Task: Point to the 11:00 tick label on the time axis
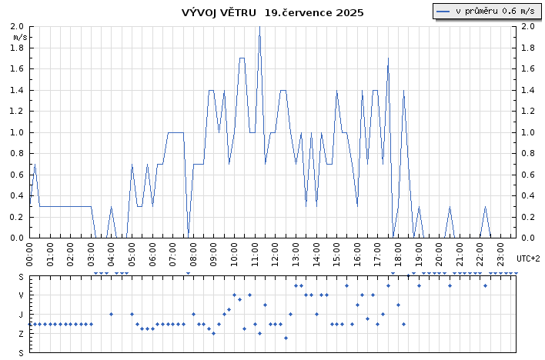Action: [x=255, y=255]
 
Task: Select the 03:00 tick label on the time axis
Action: [x=91, y=255]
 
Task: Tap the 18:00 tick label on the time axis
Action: [x=398, y=255]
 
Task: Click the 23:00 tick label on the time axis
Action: [x=501, y=255]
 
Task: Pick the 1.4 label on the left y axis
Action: [x=17, y=90]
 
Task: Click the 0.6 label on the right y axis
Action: [x=528, y=175]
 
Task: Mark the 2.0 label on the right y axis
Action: [x=528, y=26]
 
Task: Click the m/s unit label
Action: [x=20, y=37]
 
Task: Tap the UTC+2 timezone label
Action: [x=528, y=258]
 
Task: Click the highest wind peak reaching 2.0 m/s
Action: [x=259, y=27]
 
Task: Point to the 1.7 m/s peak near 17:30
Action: [x=388, y=58]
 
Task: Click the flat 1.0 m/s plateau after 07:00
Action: [x=176, y=132]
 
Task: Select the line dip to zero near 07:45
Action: [x=188, y=237]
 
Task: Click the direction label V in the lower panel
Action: [x=22, y=295]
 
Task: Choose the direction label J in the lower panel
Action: [x=22, y=315]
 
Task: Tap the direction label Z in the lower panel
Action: [x=22, y=334]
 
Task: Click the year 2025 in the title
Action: [x=349, y=12]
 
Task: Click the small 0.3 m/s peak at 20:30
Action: [x=450, y=207]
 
